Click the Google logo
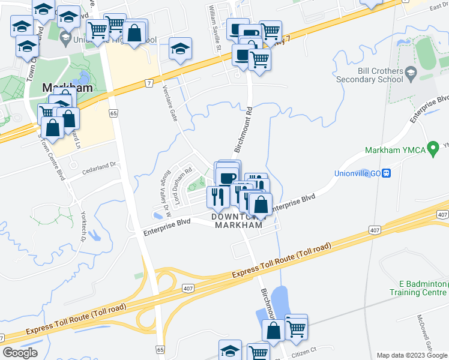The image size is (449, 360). pyautogui.click(x=20, y=352)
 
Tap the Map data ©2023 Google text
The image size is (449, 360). pyautogui.click(x=412, y=355)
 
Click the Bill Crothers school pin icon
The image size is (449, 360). pyautogui.click(x=411, y=74)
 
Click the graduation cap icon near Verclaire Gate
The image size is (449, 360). pyautogui.click(x=179, y=49)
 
